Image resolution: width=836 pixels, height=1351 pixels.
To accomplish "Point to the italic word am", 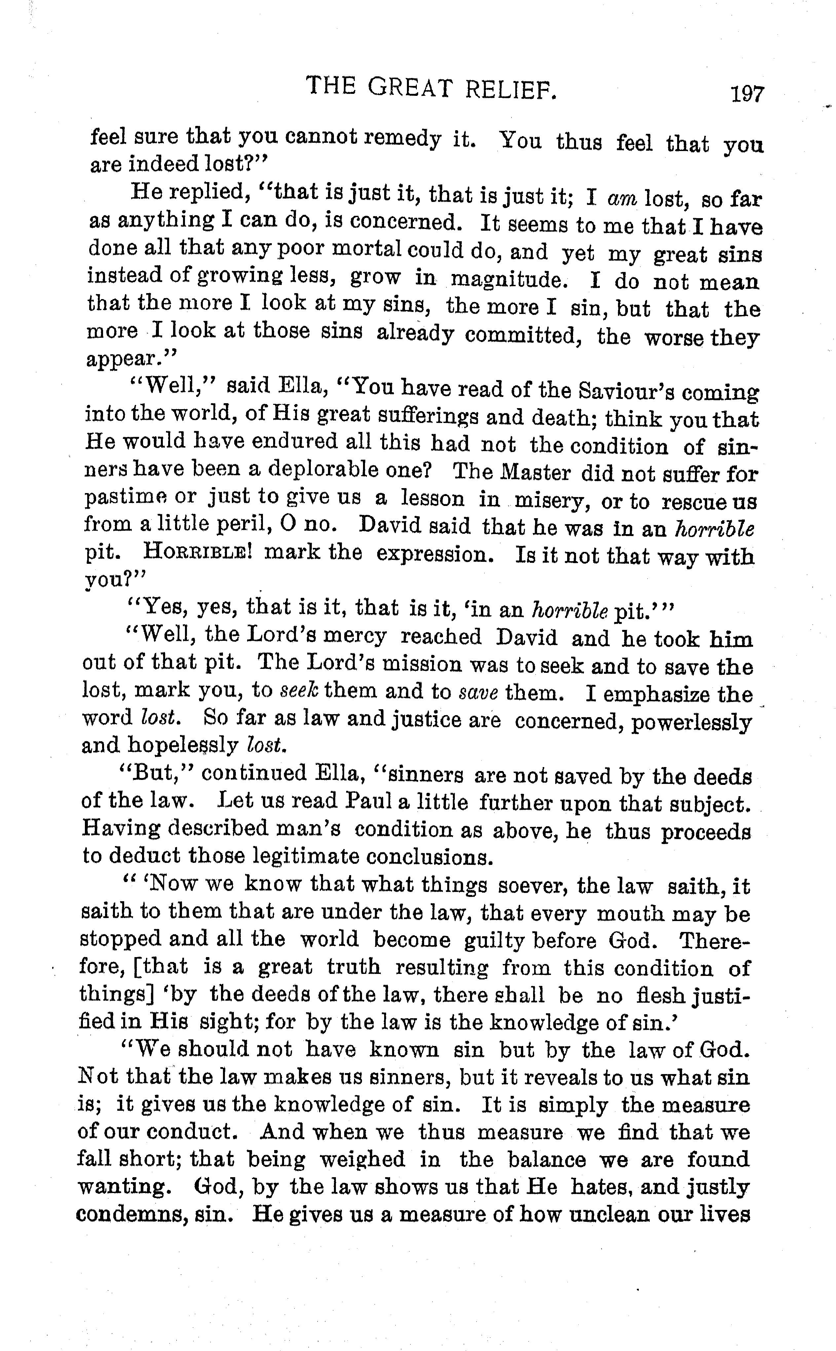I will click(622, 198).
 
